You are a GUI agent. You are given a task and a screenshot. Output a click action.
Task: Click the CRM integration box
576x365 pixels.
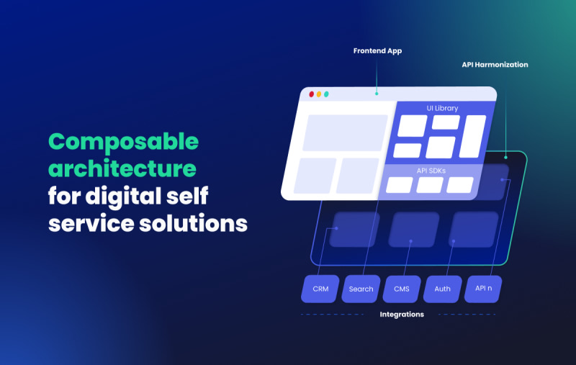pyautogui.click(x=320, y=289)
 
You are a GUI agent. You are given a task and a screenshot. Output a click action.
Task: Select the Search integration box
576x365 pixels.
pyautogui.click(x=361, y=289)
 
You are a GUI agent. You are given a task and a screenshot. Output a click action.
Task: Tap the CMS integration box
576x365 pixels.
pyautogui.click(x=402, y=289)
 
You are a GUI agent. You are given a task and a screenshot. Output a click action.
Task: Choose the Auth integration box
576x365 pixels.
pyautogui.click(x=442, y=289)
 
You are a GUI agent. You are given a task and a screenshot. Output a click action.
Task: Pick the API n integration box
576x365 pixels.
pyautogui.click(x=483, y=289)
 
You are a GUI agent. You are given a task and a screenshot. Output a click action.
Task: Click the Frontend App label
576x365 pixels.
pyautogui.click(x=377, y=51)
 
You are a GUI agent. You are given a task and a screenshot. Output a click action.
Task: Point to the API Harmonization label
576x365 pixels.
pyautogui.click(x=495, y=65)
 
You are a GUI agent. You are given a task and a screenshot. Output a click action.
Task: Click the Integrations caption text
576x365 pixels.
pyautogui.click(x=402, y=315)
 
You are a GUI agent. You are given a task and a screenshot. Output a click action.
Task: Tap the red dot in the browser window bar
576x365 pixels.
pyautogui.click(x=312, y=94)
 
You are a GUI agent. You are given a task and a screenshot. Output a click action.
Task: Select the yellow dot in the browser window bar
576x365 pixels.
pyautogui.click(x=319, y=94)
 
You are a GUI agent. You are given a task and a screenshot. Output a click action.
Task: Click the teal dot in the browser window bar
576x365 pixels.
pyautogui.click(x=326, y=94)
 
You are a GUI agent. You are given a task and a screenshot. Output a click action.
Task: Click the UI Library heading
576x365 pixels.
pyautogui.click(x=442, y=108)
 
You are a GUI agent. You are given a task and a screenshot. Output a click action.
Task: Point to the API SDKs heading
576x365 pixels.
pyautogui.click(x=431, y=171)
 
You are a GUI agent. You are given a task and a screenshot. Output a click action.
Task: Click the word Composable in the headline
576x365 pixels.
pyautogui.click(x=123, y=143)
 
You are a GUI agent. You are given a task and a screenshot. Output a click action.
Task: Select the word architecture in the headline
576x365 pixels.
pyautogui.click(x=122, y=168)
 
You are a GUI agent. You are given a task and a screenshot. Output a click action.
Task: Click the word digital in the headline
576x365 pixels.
pyautogui.click(x=123, y=197)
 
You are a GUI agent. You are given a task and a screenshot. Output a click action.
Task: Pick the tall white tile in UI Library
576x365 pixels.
pyautogui.click(x=472, y=136)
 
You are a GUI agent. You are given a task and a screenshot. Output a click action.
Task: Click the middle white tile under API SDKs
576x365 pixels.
pyautogui.click(x=430, y=185)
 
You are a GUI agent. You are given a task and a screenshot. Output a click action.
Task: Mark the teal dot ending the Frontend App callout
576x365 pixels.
pyautogui.click(x=377, y=94)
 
